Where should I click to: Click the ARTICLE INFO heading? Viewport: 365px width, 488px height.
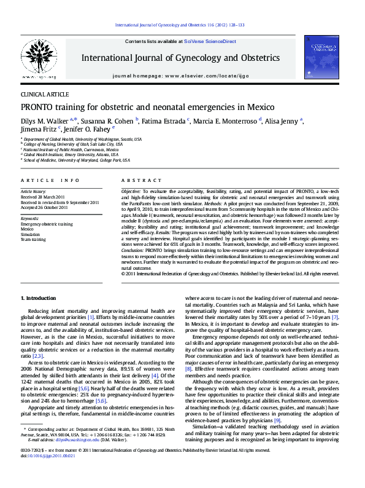coord(50,180)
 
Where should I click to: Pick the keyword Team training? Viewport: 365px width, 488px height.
coord(34,239)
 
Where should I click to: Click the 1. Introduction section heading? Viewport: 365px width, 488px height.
coord(39,298)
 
